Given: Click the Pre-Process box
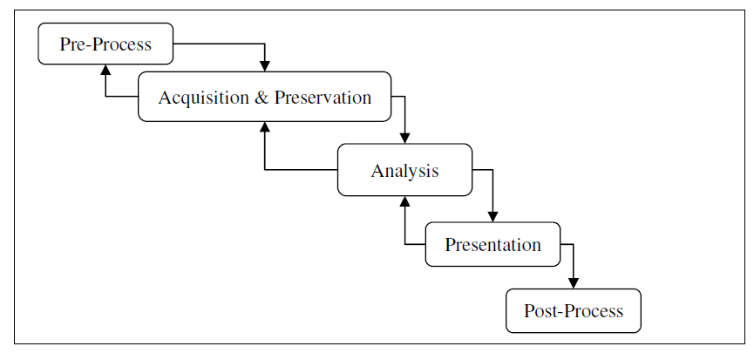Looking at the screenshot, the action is click(x=105, y=44).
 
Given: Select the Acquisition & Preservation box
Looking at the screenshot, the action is click(x=264, y=97).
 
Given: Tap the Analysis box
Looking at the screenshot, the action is click(x=404, y=170).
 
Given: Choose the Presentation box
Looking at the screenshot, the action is click(x=492, y=244).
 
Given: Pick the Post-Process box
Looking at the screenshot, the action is click(x=574, y=310).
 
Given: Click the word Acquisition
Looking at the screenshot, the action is click(x=203, y=98).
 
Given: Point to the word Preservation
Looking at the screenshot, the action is click(x=323, y=98).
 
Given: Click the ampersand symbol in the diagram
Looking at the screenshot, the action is click(x=262, y=98).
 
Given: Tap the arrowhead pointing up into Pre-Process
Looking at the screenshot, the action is click(x=105, y=70).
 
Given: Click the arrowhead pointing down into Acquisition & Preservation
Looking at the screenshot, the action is click(x=264, y=66).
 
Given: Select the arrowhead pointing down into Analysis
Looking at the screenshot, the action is click(x=404, y=139).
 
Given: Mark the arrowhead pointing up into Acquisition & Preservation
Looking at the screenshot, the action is click(x=264, y=127).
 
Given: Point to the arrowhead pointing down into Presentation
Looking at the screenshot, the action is click(x=492, y=217).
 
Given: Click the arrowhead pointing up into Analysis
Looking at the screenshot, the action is click(x=404, y=201).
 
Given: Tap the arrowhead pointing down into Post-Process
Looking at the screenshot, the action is click(x=574, y=283).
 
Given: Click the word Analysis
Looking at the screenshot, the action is click(x=404, y=171).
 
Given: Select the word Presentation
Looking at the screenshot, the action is click(x=492, y=245).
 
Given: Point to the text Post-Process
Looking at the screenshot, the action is click(x=574, y=311).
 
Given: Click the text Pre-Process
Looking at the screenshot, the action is click(x=105, y=44).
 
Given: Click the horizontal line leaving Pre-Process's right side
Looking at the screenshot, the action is click(x=219, y=44).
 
